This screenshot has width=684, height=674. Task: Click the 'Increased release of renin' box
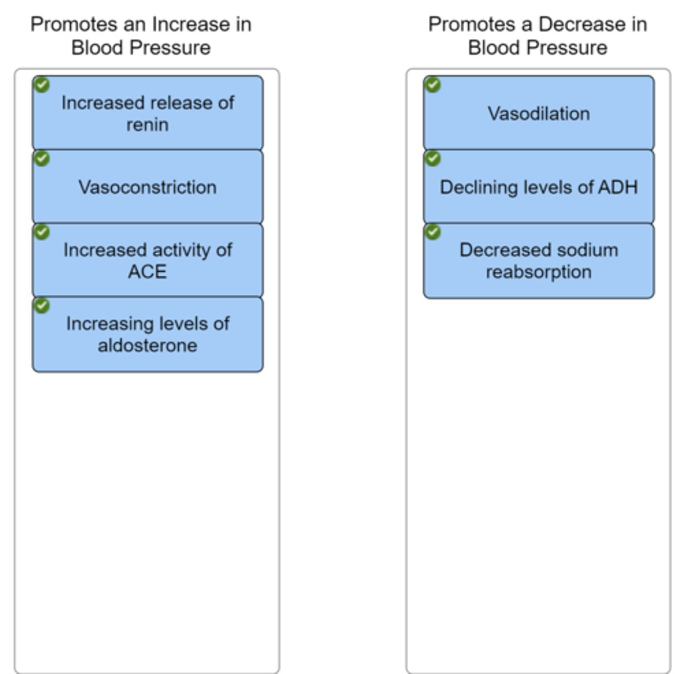147,113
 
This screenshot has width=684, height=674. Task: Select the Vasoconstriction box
147,187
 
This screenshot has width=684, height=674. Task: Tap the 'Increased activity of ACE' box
147,261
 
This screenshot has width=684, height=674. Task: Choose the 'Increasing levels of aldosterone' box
147,334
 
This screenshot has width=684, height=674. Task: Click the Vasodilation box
538,113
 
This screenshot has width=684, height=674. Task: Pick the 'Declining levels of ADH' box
538,187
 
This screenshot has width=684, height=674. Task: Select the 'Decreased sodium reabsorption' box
538,261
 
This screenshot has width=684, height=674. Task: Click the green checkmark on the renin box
42,85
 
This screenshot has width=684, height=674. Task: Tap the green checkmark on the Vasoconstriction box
42,158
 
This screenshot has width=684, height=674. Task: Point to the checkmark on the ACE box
42,232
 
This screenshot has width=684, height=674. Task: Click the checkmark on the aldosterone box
42,306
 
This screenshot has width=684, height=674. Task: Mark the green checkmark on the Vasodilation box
432,85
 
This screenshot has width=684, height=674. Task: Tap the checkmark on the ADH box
432,158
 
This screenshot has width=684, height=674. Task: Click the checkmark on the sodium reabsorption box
432,232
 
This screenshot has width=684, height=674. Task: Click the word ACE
147,272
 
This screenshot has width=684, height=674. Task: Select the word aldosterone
147,345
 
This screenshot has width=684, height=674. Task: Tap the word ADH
618,187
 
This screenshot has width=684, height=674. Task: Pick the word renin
147,125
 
